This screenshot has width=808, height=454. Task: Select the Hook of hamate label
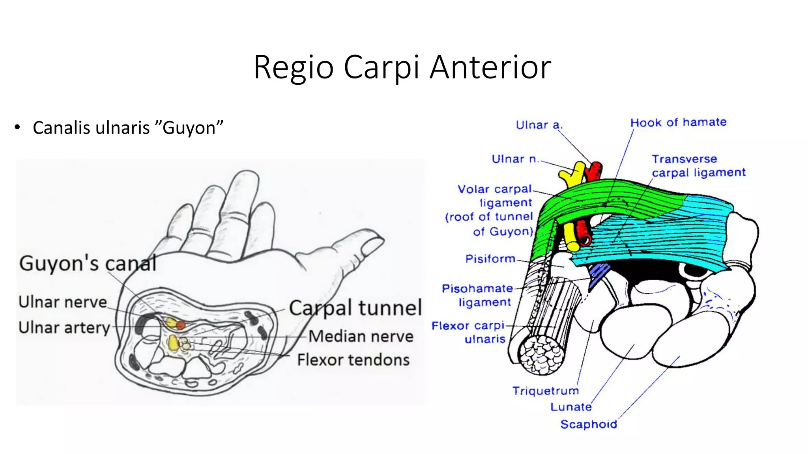(x=678, y=123)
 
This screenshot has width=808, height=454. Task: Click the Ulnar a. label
(x=539, y=125)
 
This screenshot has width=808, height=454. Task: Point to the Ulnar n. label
(x=515, y=159)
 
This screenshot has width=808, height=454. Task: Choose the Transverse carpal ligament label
(x=698, y=166)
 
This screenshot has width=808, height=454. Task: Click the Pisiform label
(x=490, y=259)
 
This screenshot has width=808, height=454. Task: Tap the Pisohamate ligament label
(x=477, y=296)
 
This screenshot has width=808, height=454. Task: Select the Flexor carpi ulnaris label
(x=469, y=332)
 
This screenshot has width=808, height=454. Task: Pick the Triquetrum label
(x=546, y=391)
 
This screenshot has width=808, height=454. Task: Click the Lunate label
(x=571, y=407)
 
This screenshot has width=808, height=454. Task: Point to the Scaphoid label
(x=589, y=424)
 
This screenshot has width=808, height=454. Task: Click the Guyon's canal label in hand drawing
(x=88, y=263)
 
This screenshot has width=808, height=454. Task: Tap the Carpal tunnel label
(x=355, y=308)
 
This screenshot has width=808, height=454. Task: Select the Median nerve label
(x=361, y=337)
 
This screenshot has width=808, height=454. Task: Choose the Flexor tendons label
(x=353, y=360)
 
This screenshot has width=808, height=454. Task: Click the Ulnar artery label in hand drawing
(x=64, y=328)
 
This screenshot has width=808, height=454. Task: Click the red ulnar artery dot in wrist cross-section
(x=181, y=325)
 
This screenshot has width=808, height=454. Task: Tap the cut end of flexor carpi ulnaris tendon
(x=541, y=356)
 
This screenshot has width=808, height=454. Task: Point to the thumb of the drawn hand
(x=355, y=244)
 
